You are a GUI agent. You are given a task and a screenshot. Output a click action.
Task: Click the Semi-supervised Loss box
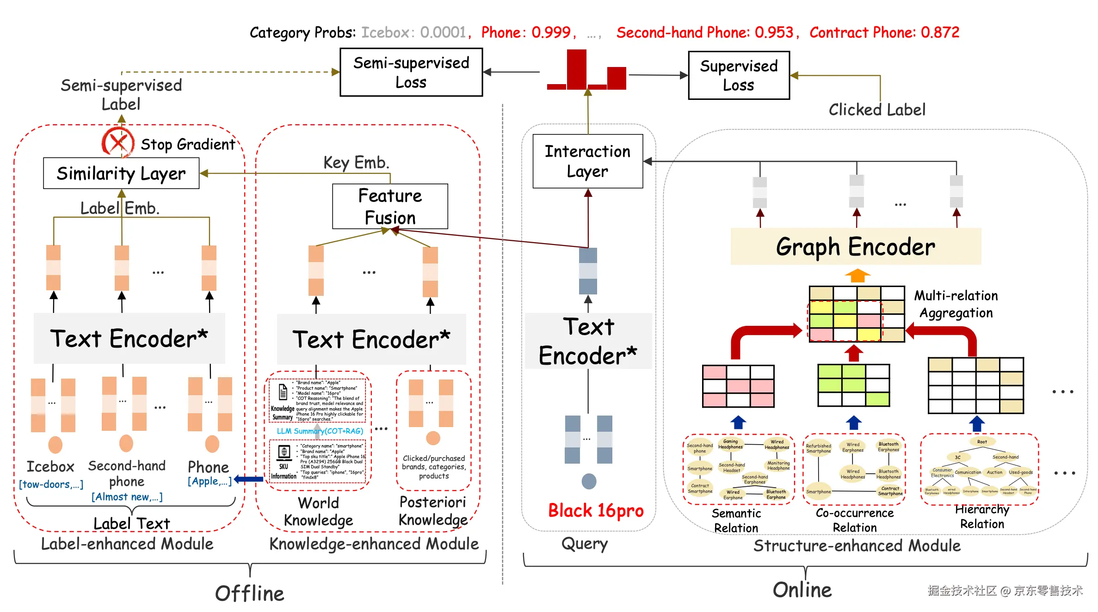click(411, 72)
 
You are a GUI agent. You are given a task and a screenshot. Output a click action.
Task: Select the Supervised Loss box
click(739, 75)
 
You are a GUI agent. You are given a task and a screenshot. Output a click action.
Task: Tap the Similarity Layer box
click(121, 173)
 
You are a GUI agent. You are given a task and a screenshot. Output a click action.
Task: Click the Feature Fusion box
click(390, 207)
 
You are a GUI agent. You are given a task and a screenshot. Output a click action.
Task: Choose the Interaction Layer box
click(587, 161)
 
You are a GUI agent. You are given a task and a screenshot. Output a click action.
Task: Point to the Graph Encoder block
click(855, 246)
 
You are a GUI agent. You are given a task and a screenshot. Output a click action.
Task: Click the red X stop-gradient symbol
click(118, 142)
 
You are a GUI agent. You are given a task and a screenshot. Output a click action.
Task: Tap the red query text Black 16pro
click(596, 511)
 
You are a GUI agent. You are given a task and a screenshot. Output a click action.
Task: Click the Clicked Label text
click(877, 110)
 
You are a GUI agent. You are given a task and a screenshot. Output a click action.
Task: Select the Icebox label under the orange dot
click(50, 467)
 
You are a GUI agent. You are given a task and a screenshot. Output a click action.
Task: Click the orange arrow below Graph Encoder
click(857, 275)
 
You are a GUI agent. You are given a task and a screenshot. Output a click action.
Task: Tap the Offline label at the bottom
click(250, 594)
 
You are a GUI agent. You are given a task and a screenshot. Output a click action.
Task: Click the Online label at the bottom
click(802, 590)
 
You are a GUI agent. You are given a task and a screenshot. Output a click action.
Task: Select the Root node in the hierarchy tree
click(982, 442)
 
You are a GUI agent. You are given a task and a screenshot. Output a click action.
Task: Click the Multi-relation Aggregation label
click(956, 304)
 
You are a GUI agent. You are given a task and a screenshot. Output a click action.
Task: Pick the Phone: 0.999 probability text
click(528, 32)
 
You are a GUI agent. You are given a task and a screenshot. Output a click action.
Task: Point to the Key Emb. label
click(356, 163)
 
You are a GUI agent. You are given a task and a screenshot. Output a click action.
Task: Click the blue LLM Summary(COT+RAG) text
click(320, 431)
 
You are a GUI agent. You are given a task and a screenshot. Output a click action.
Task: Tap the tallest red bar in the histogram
click(576, 69)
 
